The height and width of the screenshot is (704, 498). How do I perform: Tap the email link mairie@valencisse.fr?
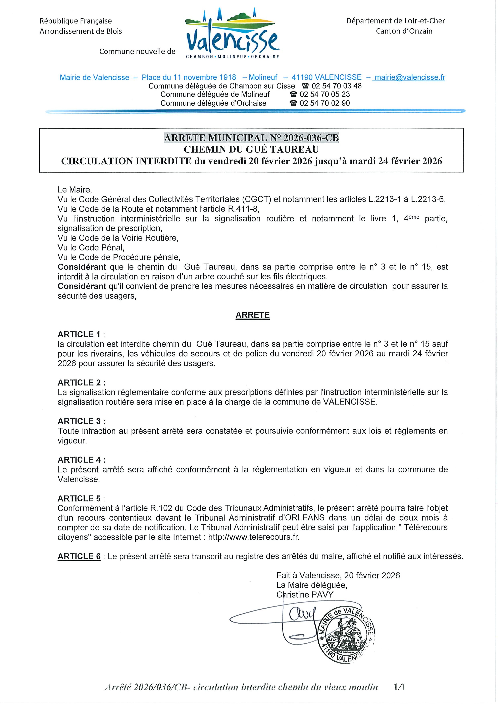click(x=410, y=77)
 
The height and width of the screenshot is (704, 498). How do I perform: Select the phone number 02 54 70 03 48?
click(x=336, y=86)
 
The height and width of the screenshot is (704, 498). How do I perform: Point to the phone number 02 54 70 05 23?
click(x=325, y=95)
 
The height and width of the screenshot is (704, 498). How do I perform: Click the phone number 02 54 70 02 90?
click(x=325, y=103)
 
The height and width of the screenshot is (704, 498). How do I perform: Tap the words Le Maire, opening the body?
click(x=74, y=189)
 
